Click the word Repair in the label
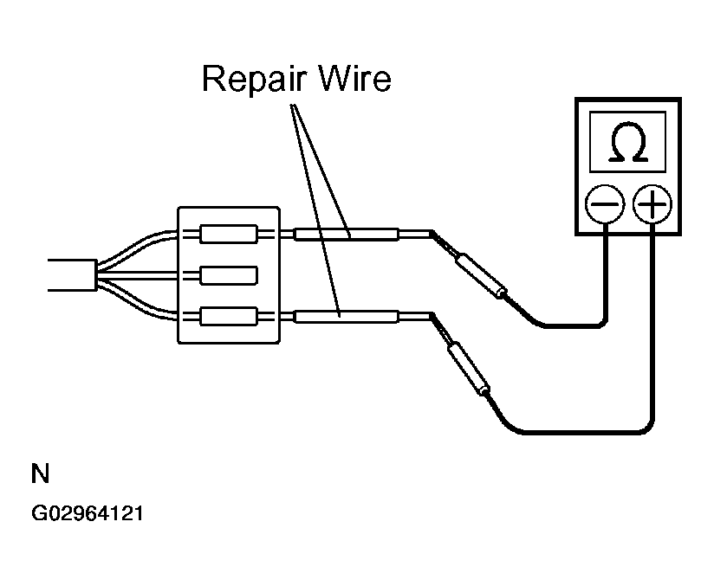point(254,80)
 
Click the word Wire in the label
point(354,79)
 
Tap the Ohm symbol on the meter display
point(628,141)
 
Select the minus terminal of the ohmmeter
point(604,203)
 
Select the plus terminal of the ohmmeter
point(652,203)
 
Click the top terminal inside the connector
point(229,234)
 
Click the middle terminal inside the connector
point(229,275)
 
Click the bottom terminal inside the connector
point(229,316)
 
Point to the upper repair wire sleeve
point(347,235)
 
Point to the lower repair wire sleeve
point(347,317)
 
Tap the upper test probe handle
point(480,274)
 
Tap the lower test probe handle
point(468,369)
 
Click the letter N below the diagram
point(40,473)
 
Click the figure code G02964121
point(88,513)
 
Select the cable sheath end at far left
point(73,275)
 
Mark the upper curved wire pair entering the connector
point(137,248)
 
